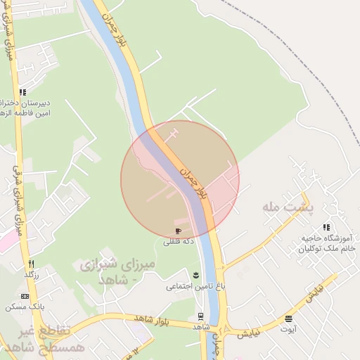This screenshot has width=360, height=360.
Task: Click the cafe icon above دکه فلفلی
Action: pyautogui.click(x=178, y=231)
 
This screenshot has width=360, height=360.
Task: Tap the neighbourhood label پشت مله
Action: pyautogui.click(x=281, y=206)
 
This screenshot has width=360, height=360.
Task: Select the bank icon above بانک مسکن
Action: pyautogui.click(x=25, y=295)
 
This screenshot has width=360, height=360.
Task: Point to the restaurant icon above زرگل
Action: pyautogui.click(x=30, y=264)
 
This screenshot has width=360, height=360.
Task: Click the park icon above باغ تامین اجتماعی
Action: pyautogui.click(x=196, y=274)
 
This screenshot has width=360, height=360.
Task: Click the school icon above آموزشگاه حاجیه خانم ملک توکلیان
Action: pyautogui.click(x=326, y=227)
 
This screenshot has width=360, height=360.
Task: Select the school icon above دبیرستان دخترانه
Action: pyautogui.click(x=23, y=92)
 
